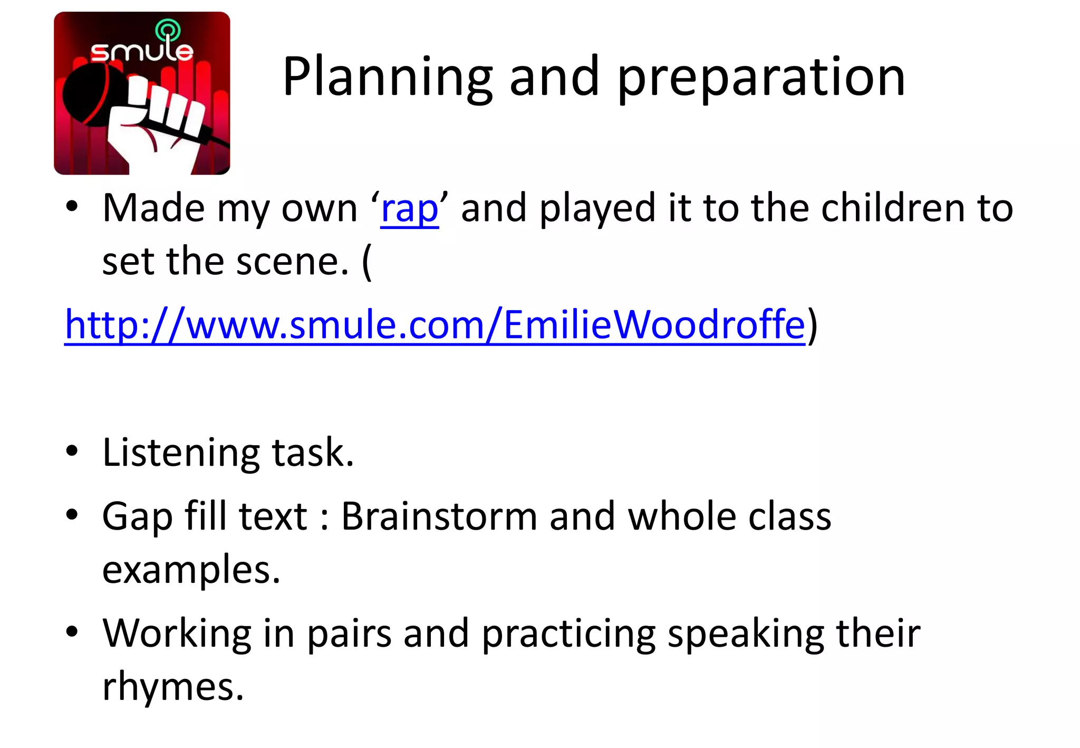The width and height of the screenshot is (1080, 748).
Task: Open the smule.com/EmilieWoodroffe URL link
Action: (435, 324)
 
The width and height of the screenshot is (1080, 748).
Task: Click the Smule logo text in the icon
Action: (141, 51)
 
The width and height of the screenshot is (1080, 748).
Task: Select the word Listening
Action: (180, 453)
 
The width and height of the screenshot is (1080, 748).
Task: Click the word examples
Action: (190, 570)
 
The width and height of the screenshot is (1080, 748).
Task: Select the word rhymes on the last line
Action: (172, 687)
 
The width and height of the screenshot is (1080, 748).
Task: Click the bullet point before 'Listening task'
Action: (72, 452)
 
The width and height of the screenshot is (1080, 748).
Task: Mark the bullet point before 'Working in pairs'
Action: (72, 631)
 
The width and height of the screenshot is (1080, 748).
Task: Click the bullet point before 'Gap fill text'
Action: (72, 514)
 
